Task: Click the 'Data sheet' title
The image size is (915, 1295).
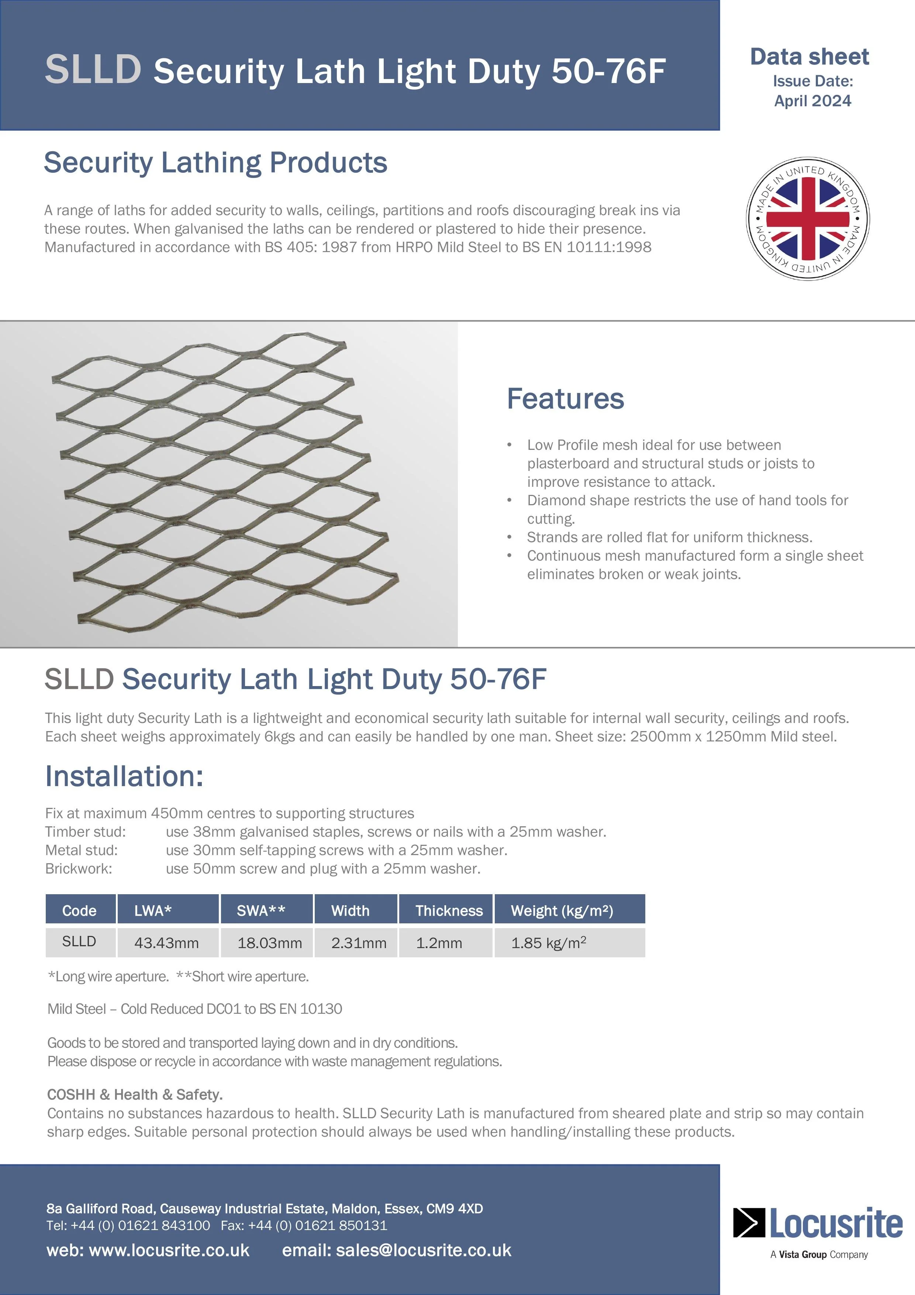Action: [809, 57]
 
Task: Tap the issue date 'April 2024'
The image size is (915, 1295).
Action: [812, 101]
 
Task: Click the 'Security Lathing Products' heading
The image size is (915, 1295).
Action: [215, 163]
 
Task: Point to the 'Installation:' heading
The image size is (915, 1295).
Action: [124, 776]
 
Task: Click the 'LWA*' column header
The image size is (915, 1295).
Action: [153, 911]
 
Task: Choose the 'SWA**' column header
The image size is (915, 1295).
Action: [261, 911]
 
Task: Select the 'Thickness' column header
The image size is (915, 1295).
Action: [449, 911]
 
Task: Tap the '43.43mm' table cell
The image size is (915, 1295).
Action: [166, 943]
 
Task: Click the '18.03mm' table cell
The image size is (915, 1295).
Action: [269, 943]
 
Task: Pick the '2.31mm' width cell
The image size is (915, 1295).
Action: [359, 943]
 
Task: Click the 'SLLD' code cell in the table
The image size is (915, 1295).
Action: [79, 941]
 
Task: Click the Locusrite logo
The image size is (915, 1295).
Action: [818, 1224]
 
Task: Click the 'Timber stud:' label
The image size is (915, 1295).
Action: [85, 832]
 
